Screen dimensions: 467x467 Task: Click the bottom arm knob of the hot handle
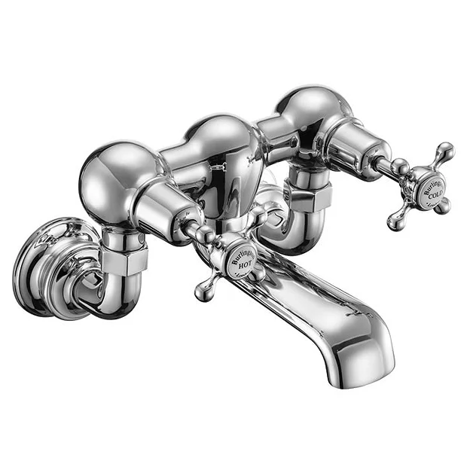[x=202, y=293]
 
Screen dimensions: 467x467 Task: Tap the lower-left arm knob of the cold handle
[x=395, y=221]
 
